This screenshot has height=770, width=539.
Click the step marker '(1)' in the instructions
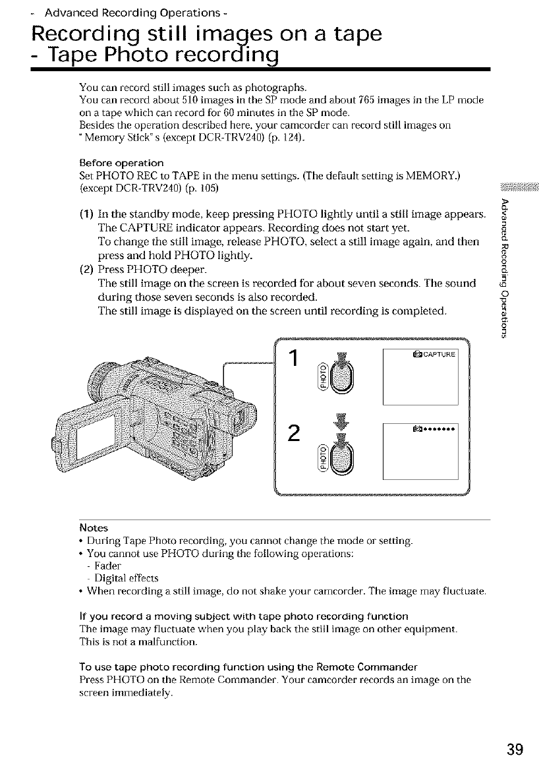click(87, 213)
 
